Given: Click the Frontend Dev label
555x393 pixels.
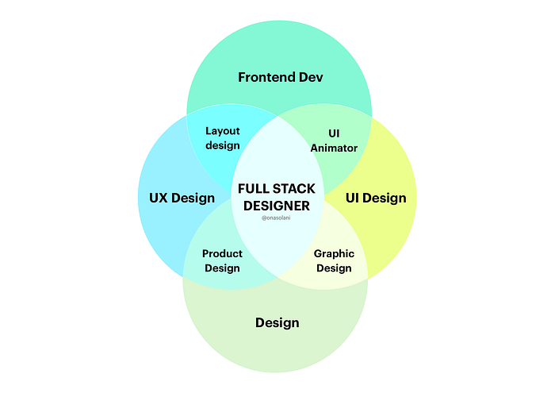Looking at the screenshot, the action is [x=281, y=77].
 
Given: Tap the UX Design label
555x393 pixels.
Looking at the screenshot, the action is [x=182, y=198].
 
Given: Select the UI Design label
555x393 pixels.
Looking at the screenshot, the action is [x=376, y=198].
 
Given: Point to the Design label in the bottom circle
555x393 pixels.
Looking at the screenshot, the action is [x=277, y=322].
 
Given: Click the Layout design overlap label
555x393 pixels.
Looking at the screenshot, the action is [x=223, y=138].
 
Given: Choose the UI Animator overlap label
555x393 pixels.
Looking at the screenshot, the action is [x=334, y=141].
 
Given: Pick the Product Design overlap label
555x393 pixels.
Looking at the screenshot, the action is [x=222, y=260].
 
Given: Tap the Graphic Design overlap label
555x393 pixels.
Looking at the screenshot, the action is [x=334, y=260].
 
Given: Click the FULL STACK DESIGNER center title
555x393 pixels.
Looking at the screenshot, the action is [x=276, y=197].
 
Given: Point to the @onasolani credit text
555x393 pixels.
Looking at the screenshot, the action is [x=275, y=218].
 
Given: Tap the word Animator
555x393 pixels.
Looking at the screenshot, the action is [x=334, y=148].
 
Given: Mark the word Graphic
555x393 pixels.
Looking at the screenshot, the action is [x=334, y=254].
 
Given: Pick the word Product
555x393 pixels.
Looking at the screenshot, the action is [x=222, y=254].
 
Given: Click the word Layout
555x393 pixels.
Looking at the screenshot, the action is [x=223, y=131].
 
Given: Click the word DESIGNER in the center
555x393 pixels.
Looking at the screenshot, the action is [x=276, y=205].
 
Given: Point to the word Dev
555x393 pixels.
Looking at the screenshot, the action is [x=311, y=77].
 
